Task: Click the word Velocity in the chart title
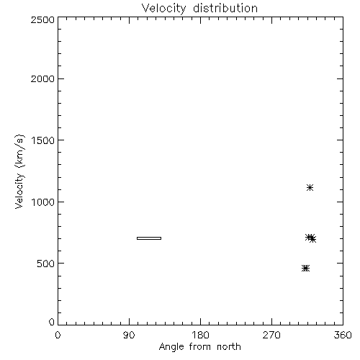click(163, 9)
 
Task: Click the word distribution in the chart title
click(225, 8)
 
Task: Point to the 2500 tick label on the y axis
click(42, 19)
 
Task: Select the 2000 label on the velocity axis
click(42, 78)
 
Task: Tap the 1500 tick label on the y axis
click(43, 140)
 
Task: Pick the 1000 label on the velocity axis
click(43, 202)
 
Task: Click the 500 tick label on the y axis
click(46, 264)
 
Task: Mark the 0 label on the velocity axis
click(52, 322)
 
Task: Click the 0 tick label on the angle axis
click(58, 335)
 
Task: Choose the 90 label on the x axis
click(129, 335)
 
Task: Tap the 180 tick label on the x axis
click(200, 335)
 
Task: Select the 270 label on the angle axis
click(271, 335)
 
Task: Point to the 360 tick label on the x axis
click(343, 335)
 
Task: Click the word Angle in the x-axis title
click(171, 347)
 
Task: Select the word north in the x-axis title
click(229, 346)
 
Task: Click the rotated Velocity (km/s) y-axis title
click(19, 171)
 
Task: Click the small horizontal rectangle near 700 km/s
click(149, 238)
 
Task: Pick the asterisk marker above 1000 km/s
click(310, 187)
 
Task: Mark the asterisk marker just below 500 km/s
click(305, 268)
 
